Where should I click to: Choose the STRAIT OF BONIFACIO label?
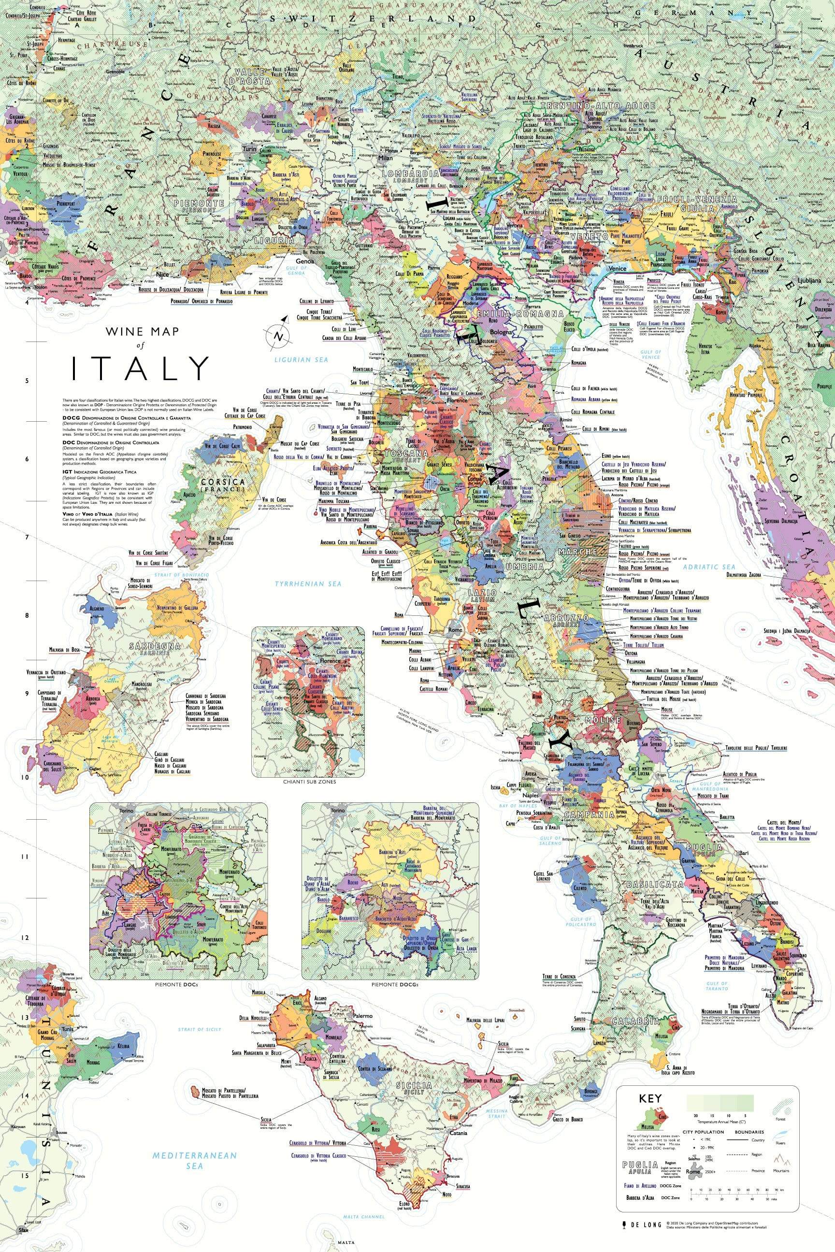coord(181,575)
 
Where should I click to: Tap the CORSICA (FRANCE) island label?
coord(222,485)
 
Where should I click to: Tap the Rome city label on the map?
coord(455,630)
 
